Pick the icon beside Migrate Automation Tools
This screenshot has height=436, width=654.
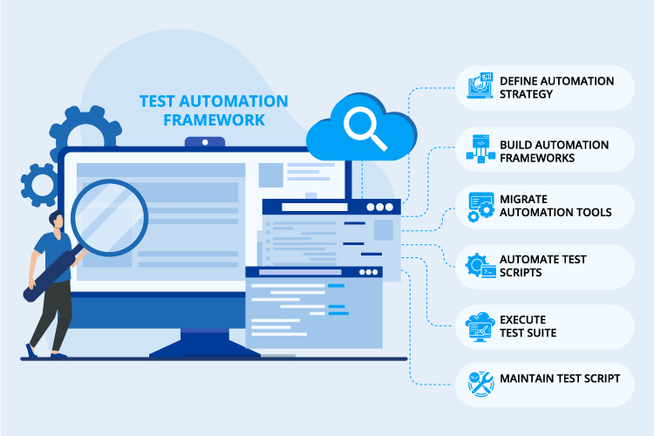click(x=481, y=207)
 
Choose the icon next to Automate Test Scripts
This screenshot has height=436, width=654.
click(x=481, y=266)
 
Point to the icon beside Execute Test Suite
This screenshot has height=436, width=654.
click(x=481, y=326)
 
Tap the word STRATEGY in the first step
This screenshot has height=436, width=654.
click(x=527, y=94)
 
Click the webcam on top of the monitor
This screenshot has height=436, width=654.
click(x=204, y=141)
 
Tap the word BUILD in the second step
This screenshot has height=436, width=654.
click(x=516, y=144)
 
